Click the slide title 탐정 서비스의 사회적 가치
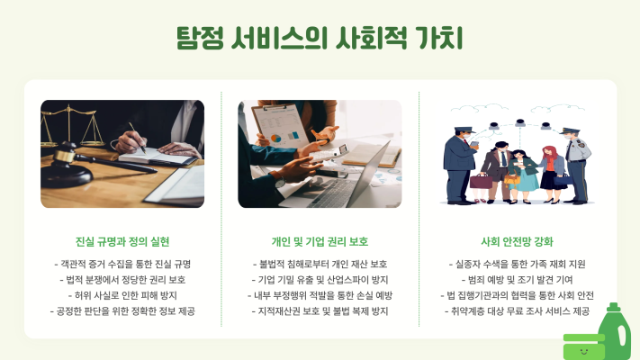pyautogui.click(x=320, y=38)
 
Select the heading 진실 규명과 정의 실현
pyautogui.click(x=122, y=241)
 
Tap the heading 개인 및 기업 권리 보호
pyautogui.click(x=320, y=241)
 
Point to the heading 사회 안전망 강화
pyautogui.click(x=518, y=241)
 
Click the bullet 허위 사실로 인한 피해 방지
pyautogui.click(x=122, y=295)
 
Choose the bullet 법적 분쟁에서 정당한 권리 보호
pyautogui.click(x=122, y=280)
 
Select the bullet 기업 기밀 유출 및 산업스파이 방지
pyautogui.click(x=320, y=280)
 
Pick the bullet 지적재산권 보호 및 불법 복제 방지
pyautogui.click(x=320, y=311)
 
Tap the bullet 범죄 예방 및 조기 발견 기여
pyautogui.click(x=518, y=280)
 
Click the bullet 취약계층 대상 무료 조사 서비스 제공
pyautogui.click(x=518, y=311)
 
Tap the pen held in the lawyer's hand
pyautogui.click(x=138, y=138)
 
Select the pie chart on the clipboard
pyautogui.click(x=276, y=139)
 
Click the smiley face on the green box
pyautogui.click(x=584, y=351)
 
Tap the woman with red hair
pyautogui.click(x=552, y=175)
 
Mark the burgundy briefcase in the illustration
pyautogui.click(x=482, y=181)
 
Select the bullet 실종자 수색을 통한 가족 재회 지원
pyautogui.click(x=518, y=264)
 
